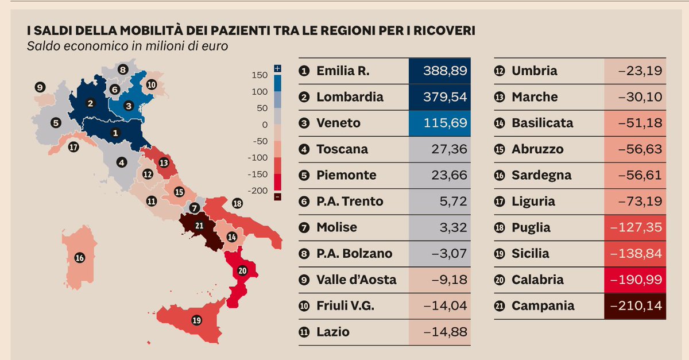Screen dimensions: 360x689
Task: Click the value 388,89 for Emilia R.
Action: (x=445, y=71)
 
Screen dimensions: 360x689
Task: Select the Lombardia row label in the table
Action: (x=350, y=97)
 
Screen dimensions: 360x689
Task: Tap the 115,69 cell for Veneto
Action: (x=445, y=123)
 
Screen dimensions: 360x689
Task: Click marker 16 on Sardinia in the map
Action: (x=80, y=258)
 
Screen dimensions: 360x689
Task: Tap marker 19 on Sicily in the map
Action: (x=197, y=320)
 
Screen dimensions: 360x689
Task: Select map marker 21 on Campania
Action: (x=199, y=226)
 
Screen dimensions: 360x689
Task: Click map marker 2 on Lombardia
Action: (x=90, y=103)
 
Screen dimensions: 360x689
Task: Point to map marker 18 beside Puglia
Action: (x=237, y=203)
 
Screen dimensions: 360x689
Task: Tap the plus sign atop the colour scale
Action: (x=278, y=68)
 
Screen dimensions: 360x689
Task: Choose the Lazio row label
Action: (x=332, y=332)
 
